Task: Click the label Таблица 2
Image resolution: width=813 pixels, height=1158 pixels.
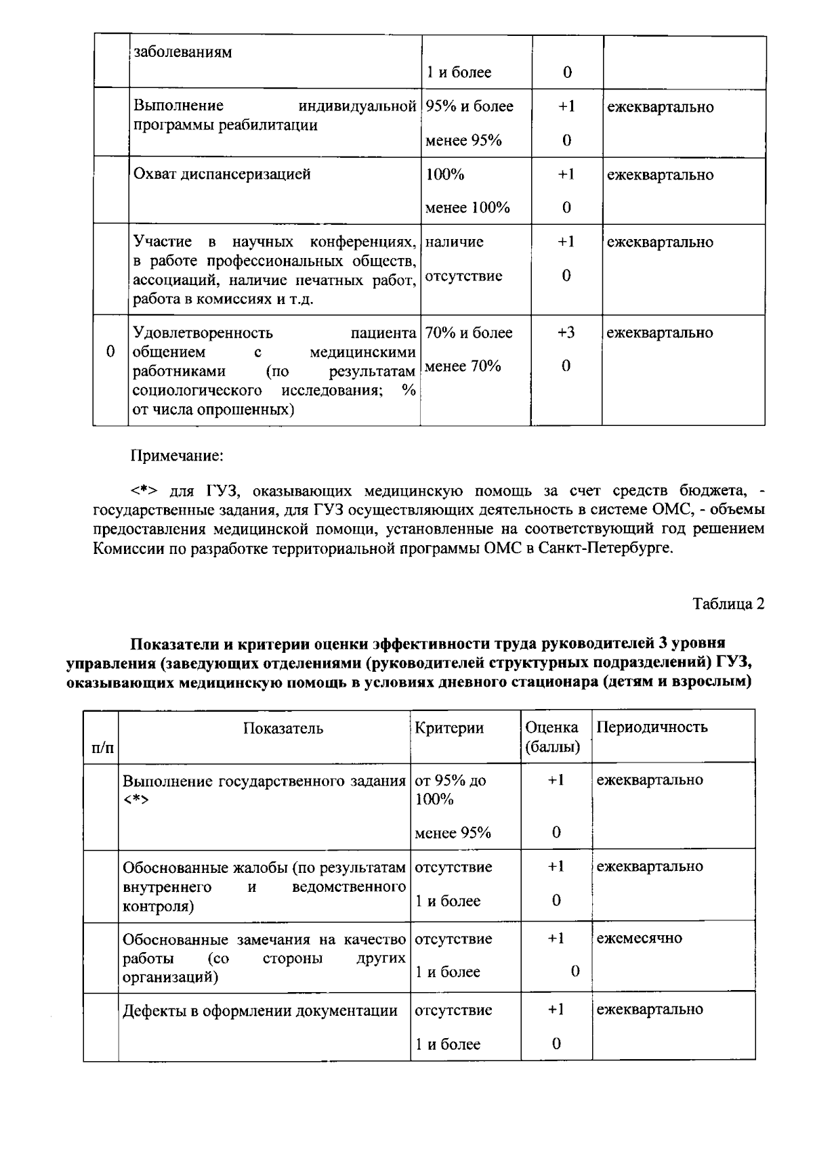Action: (728, 604)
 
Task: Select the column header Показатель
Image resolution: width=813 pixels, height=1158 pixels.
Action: (283, 729)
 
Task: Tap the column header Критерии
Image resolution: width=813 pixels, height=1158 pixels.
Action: (449, 728)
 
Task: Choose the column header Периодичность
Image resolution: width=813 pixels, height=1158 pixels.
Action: (652, 727)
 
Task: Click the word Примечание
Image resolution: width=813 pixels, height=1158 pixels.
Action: (177, 456)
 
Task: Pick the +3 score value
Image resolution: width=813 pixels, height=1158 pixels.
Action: (566, 333)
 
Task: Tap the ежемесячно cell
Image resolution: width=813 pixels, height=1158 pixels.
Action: (639, 939)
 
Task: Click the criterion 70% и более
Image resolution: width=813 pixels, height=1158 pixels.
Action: (469, 333)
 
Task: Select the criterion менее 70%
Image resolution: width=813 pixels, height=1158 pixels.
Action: (463, 367)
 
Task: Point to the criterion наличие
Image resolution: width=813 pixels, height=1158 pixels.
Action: (455, 242)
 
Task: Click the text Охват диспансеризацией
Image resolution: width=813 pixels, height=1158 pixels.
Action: (222, 175)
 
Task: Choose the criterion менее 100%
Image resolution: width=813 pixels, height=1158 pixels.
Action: (467, 208)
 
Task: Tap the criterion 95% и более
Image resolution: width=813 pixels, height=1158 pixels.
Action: (470, 107)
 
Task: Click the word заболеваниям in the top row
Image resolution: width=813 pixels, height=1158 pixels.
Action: (183, 52)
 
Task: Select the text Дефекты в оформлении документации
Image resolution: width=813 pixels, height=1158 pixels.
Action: (259, 1011)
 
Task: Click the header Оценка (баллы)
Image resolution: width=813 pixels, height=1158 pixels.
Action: (553, 737)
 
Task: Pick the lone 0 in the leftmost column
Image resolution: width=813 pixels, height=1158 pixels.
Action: (110, 352)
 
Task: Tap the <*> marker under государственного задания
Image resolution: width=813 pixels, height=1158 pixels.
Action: (136, 800)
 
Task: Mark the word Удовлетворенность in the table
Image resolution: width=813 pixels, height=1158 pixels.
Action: (203, 333)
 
